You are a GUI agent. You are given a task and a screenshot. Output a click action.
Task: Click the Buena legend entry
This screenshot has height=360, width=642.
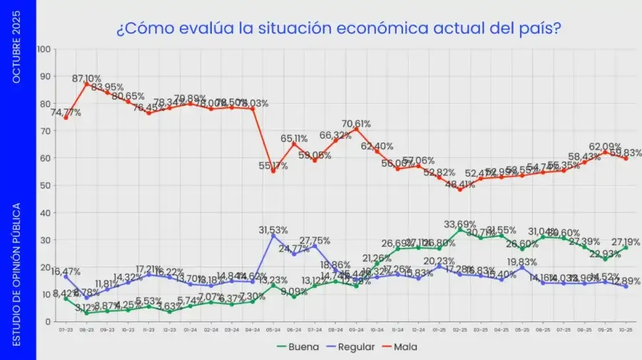(x=293, y=347)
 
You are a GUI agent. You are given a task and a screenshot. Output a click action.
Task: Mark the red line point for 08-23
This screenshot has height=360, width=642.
(x=86, y=84)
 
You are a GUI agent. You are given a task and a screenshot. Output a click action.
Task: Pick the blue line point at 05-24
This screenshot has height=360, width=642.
(x=272, y=235)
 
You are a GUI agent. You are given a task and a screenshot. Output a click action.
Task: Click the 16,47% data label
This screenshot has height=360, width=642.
(x=66, y=272)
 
